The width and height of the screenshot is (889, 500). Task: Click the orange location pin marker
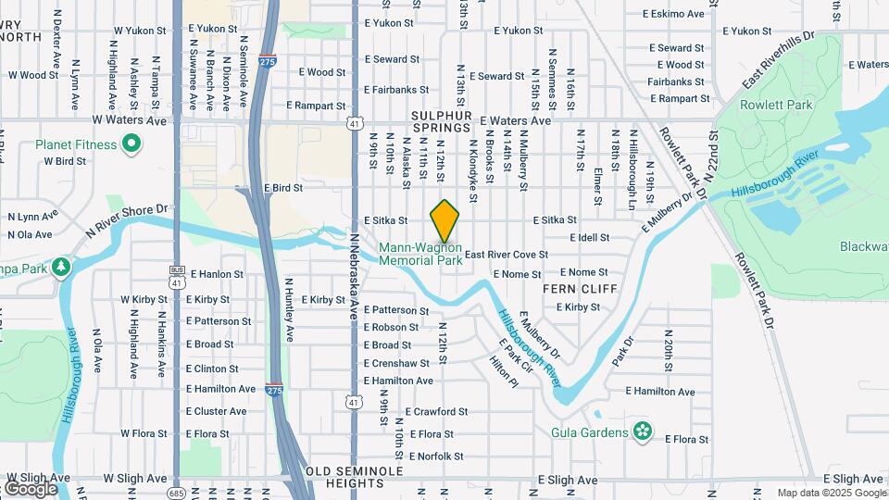coord(444,221)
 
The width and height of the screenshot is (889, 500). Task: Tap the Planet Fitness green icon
coord(131,144)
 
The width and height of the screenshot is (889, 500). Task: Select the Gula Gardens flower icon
coord(643,431)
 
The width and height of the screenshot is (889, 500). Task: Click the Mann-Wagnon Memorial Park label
coord(420,254)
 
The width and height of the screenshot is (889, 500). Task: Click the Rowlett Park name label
coord(776,106)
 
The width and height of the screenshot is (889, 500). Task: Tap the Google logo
coord(31,488)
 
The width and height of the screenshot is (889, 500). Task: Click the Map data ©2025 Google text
coord(831,493)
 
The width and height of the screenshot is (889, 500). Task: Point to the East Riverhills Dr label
coord(776,62)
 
